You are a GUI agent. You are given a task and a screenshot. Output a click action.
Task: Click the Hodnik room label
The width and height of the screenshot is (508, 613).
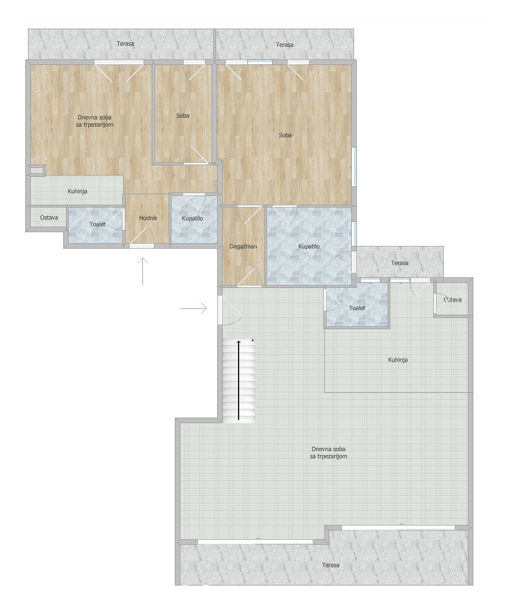tap(148, 218)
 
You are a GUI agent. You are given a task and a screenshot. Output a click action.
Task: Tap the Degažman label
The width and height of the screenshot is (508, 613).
tap(243, 247)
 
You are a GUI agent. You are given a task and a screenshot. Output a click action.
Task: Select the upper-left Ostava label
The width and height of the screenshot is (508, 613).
tap(49, 218)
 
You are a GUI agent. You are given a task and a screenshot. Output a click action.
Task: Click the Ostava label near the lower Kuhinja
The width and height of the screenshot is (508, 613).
tap(452, 300)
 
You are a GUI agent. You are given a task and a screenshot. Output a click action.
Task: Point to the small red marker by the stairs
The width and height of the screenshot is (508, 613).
tap(253, 341)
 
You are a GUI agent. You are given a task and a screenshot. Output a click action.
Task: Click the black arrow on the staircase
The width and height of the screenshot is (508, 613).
tap(239, 380)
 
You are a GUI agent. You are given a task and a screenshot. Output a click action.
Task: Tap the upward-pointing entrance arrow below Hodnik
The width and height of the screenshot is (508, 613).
tap(143, 271)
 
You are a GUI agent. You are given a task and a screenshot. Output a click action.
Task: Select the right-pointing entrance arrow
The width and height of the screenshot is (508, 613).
tap(193, 309)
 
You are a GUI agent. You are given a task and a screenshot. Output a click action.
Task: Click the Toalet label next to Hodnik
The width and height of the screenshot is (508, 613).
tap(97, 225)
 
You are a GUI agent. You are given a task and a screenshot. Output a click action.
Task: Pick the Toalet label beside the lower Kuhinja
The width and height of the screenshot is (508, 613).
tap(357, 308)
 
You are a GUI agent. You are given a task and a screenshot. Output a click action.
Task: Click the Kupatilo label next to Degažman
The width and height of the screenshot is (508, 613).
tap(309, 247)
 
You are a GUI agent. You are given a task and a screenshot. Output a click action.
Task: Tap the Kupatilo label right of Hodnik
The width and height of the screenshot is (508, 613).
tap(192, 218)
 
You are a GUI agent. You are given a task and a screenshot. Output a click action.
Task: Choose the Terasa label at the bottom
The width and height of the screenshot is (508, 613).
tap(331, 565)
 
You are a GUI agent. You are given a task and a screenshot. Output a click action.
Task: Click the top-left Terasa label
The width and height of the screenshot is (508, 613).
tap(125, 44)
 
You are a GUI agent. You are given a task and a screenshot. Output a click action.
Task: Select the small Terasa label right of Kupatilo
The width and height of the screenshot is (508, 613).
tap(400, 263)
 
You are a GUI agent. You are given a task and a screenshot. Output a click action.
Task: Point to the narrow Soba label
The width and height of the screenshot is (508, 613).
tap(183, 116)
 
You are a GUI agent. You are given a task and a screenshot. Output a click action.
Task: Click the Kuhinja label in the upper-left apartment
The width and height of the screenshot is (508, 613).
tap(78, 191)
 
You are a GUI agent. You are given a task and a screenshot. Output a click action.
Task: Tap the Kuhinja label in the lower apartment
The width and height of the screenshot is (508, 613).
tap(398, 360)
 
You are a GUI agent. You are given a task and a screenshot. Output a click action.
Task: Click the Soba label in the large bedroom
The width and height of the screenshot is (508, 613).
tap(285, 135)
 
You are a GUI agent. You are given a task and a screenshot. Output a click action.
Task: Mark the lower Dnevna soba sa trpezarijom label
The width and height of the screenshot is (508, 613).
tap(328, 453)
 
